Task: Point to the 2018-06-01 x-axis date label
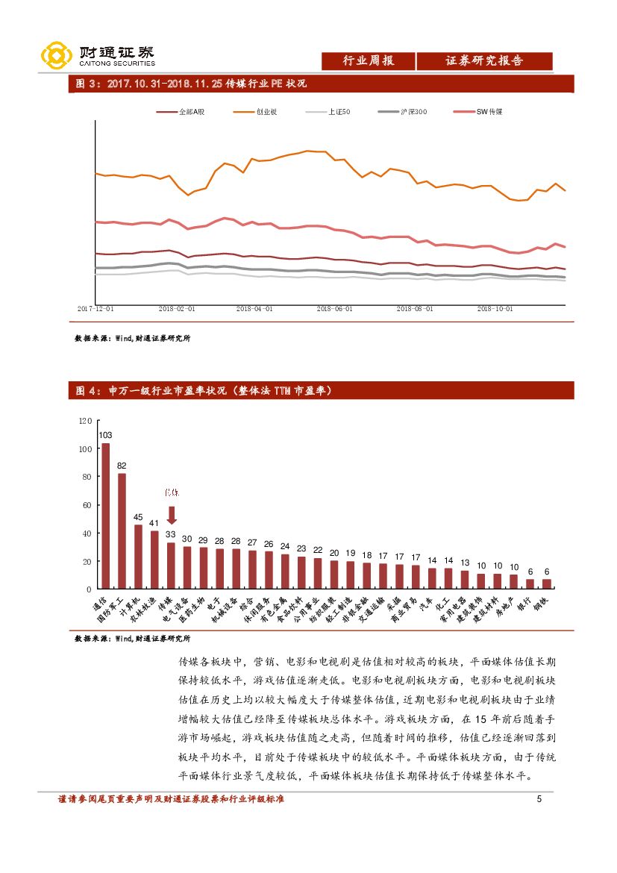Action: [334, 307]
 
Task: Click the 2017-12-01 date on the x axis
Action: [96, 307]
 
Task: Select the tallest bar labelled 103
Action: [106, 516]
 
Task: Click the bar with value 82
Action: [122, 531]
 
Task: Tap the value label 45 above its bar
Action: [138, 517]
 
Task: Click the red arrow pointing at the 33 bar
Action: [171, 516]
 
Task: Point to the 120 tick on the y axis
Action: [85, 422]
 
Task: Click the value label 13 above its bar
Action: [465, 563]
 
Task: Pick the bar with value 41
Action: [154, 560]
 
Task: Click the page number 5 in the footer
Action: [539, 800]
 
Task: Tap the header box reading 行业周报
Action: [368, 61]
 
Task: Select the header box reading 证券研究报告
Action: [484, 61]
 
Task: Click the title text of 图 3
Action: [192, 84]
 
